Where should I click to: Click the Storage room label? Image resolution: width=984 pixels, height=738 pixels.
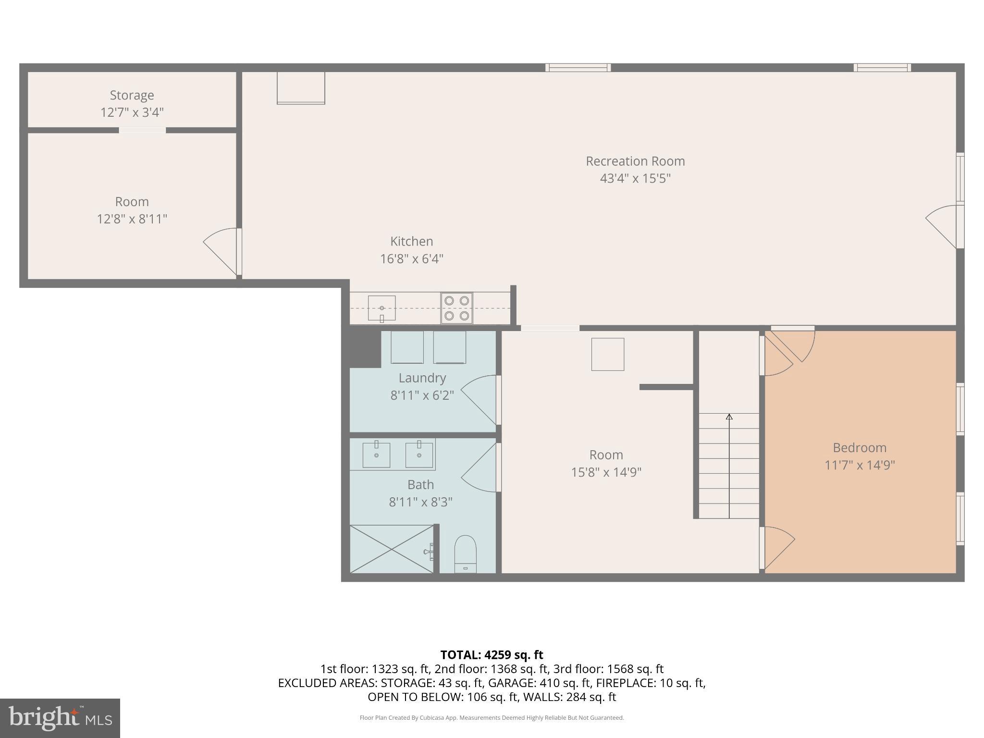coord(132,95)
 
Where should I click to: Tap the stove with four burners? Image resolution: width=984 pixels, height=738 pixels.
coord(456,308)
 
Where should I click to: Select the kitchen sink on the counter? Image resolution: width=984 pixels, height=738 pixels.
coord(381,308)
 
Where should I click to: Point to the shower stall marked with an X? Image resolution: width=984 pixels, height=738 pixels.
coord(392,549)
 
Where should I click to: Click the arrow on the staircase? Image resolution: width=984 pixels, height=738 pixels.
coord(729,417)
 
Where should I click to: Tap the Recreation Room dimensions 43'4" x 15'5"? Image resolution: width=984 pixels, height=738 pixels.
coord(635,179)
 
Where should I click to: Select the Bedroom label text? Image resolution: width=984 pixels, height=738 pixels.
coord(859,448)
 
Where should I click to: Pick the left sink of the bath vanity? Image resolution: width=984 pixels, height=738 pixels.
coord(376,455)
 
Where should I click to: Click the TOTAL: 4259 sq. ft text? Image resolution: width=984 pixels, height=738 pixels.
coord(492,655)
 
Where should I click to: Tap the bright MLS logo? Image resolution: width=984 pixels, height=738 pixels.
coord(60,718)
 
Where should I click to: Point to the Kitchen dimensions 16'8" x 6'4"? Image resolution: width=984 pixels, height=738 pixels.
coord(411,259)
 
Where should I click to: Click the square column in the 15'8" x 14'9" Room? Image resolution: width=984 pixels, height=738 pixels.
coord(607,355)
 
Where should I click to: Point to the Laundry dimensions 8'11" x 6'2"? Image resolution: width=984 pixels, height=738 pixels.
coord(422,395)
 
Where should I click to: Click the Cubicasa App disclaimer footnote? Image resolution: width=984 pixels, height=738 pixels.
coord(492,718)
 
